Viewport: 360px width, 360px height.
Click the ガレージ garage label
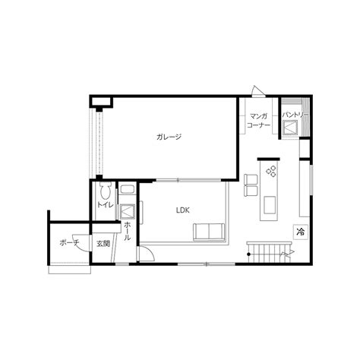169,137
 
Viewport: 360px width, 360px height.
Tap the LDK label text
183,210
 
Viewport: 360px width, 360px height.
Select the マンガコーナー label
258,121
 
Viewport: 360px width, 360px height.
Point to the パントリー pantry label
295,115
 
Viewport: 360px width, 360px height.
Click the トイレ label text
106,205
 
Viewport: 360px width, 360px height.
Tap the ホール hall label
128,231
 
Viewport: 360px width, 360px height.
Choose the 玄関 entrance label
103,244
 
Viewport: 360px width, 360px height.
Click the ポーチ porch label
69,243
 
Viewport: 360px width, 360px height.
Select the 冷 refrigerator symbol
301,232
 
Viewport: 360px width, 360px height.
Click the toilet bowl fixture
105,191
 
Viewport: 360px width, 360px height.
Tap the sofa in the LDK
209,232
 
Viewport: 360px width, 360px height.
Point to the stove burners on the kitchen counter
271,171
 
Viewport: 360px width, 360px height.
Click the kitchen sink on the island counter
270,205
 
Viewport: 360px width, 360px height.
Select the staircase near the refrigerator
269,252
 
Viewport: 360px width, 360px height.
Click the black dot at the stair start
249,254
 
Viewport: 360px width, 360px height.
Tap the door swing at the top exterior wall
258,91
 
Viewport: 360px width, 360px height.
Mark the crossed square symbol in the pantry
290,127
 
